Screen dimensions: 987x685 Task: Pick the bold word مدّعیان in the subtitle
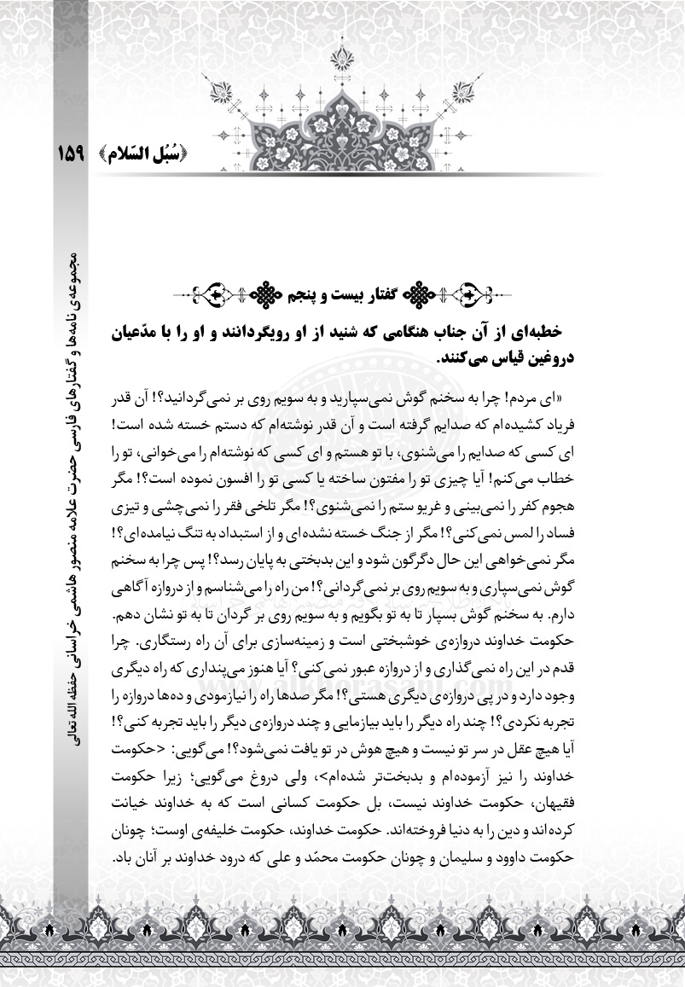[141, 332]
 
